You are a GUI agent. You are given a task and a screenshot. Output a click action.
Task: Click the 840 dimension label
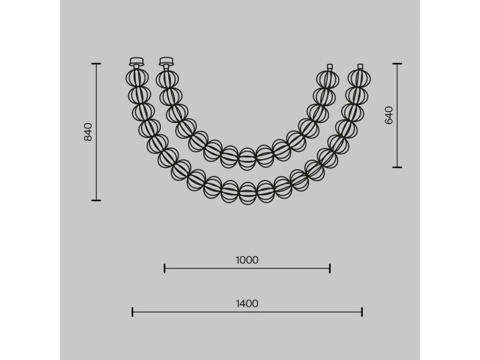tap(88, 132)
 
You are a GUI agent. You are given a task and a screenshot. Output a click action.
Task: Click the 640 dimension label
tap(388, 116)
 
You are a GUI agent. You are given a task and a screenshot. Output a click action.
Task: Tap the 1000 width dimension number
tap(247, 260)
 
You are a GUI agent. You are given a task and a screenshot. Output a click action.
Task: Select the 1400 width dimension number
tap(247, 304)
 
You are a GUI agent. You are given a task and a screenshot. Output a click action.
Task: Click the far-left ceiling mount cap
tap(136, 62)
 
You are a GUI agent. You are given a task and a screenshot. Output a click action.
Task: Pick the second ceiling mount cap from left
tap(166, 62)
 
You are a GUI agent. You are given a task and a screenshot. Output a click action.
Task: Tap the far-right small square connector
tap(360, 66)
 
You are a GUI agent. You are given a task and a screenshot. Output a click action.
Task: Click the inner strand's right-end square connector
tap(330, 66)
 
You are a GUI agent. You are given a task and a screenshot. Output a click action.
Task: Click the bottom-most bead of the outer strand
tap(247, 193)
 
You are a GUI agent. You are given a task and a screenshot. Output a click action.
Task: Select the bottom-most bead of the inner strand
tap(247, 159)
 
